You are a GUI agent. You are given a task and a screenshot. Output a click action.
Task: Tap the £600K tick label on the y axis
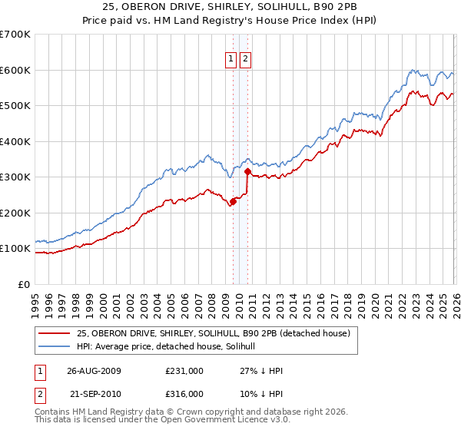[15, 70]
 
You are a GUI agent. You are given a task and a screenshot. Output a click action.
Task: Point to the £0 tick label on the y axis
[23, 284]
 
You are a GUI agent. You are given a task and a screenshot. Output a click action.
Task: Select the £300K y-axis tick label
[15, 177]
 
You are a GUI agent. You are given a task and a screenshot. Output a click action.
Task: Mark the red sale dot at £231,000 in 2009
[233, 202]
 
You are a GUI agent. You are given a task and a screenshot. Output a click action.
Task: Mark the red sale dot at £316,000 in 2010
[247, 172]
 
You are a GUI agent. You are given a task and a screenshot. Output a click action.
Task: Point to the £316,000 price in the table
[184, 394]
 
